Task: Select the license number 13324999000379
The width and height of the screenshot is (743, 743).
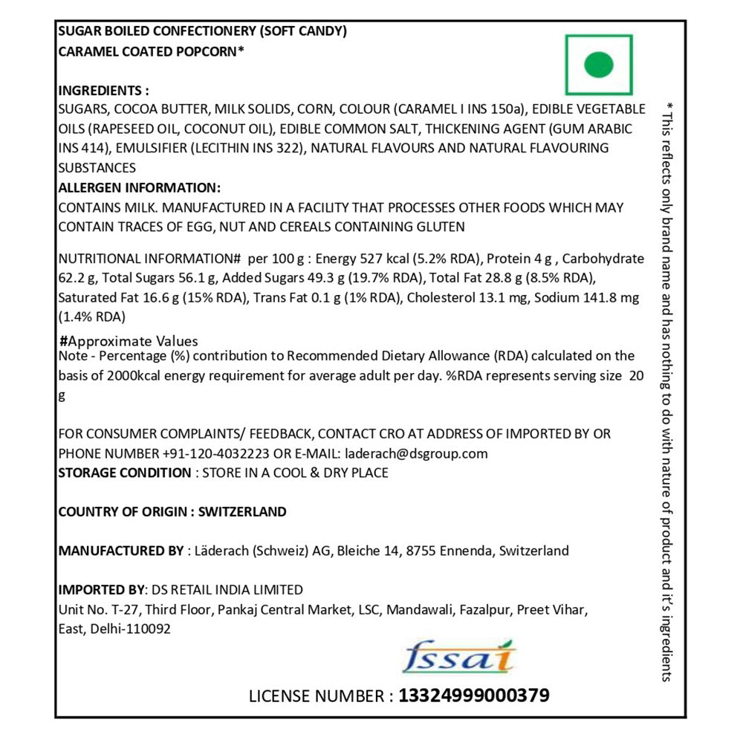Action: click(474, 695)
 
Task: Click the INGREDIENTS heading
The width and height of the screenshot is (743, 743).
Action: click(103, 91)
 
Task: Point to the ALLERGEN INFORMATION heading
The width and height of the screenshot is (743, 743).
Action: click(139, 187)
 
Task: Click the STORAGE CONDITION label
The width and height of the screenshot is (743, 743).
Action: click(124, 473)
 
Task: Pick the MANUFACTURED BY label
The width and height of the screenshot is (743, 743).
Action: click(120, 551)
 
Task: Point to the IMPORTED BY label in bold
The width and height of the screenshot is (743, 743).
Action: click(101, 590)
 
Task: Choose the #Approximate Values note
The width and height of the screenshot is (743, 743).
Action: click(129, 341)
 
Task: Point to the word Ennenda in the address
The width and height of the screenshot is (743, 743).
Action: click(467, 551)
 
